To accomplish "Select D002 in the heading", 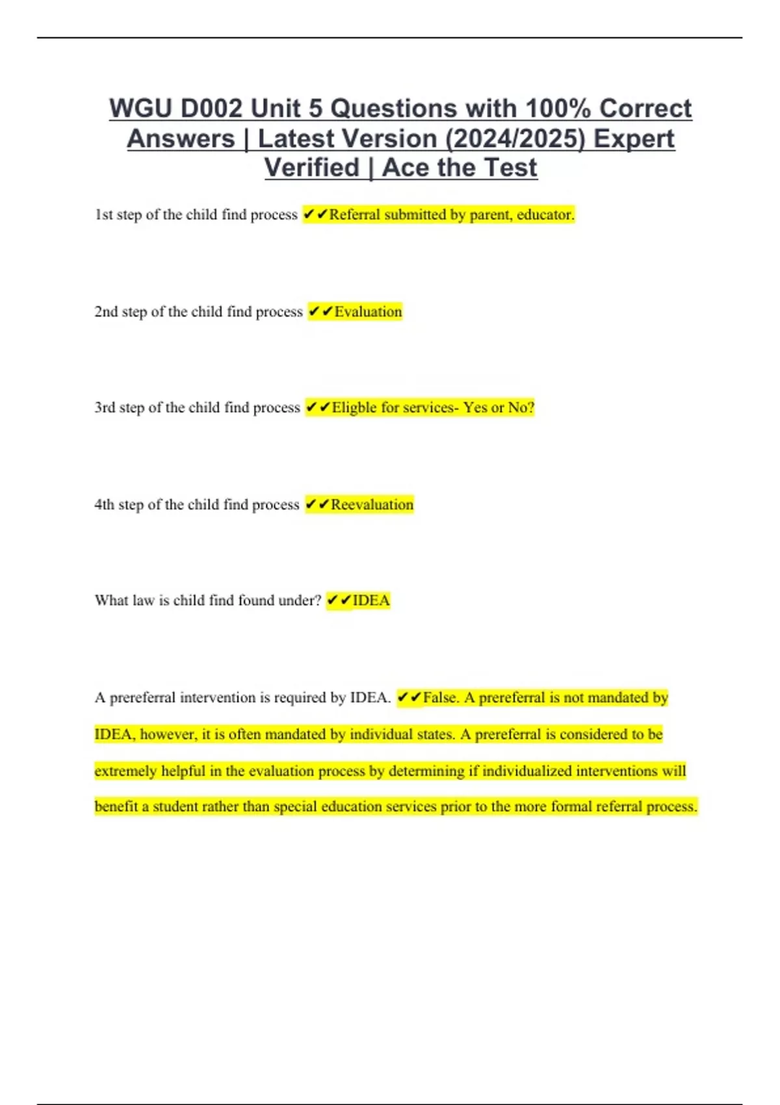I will coord(211,109).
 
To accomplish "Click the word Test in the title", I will coord(510,168).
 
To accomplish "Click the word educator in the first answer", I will coord(545,214).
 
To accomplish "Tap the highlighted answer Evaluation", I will coord(368,312).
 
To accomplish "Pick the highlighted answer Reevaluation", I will coord(372,504).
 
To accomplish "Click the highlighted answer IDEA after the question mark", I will coord(371,601).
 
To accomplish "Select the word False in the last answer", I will coord(441,697).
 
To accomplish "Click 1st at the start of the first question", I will coord(103,214).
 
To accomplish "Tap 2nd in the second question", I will coord(106,312).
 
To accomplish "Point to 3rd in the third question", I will coord(105,408).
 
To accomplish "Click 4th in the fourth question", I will coord(104,504).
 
